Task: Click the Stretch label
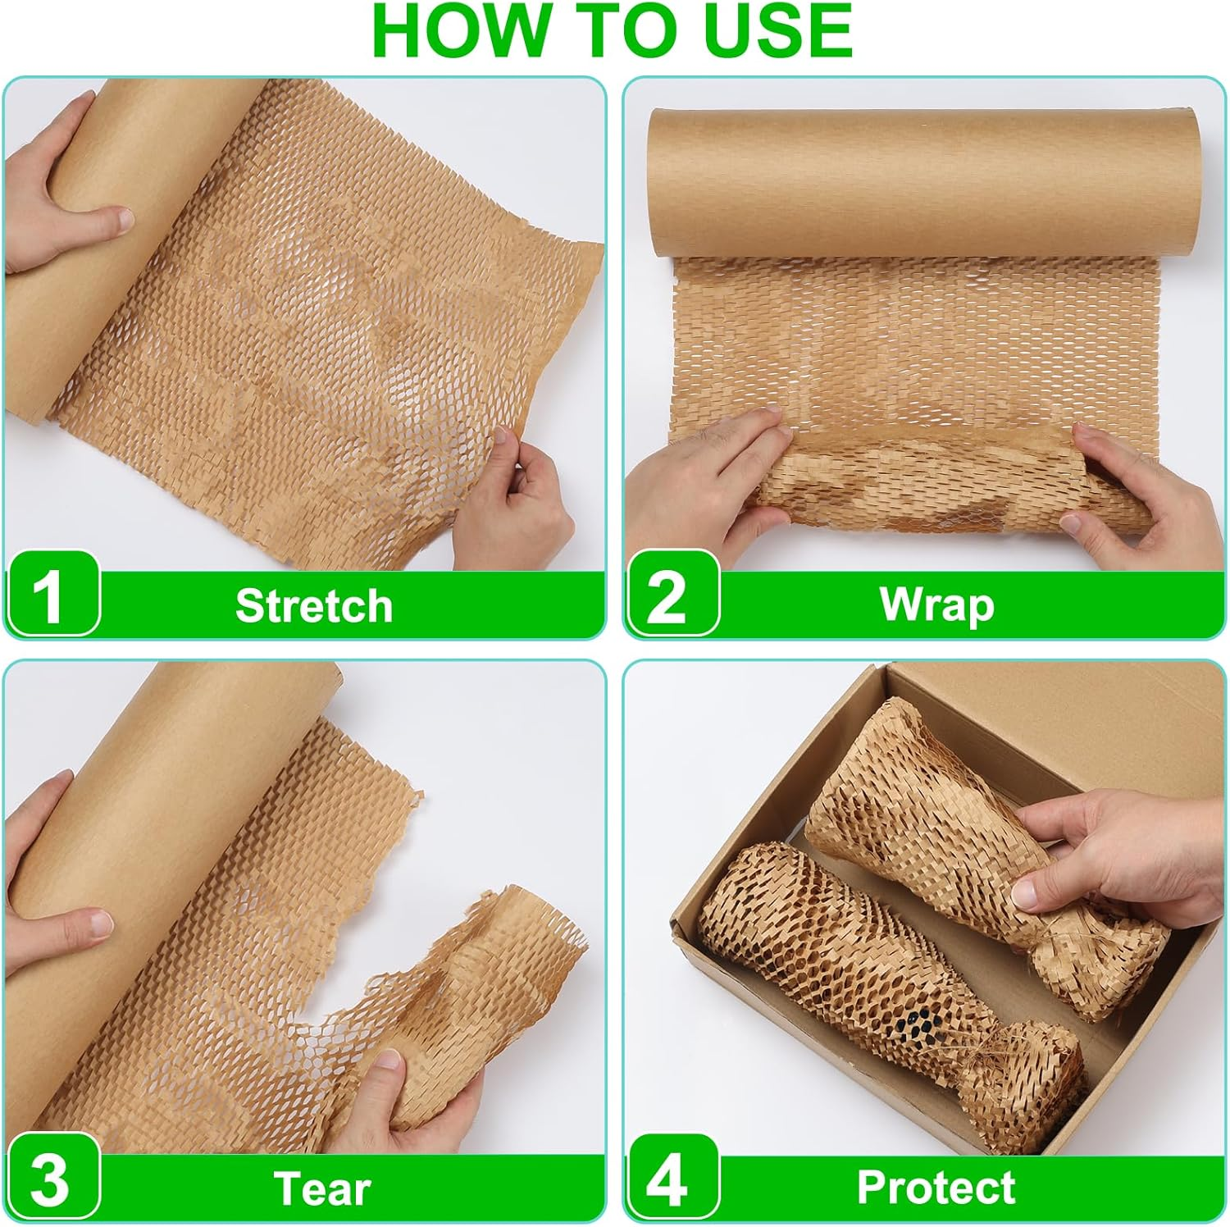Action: (x=314, y=605)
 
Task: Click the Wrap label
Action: (x=936, y=605)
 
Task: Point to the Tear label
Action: (x=321, y=1188)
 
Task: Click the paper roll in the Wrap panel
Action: (x=922, y=180)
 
